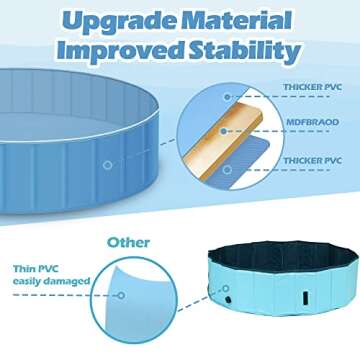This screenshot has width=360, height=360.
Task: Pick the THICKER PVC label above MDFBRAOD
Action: pyautogui.click(x=310, y=88)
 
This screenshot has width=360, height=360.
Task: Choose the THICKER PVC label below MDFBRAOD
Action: pyautogui.click(x=310, y=160)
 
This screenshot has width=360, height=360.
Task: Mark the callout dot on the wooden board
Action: pyautogui.click(x=228, y=123)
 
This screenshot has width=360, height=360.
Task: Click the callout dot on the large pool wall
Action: pyautogui.click(x=106, y=164)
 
